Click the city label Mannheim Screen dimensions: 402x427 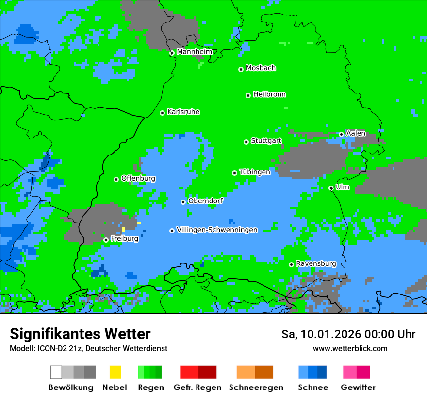(x=194, y=52)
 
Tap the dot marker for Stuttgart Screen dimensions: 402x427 (x=246, y=142)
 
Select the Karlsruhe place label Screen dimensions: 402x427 (x=183, y=112)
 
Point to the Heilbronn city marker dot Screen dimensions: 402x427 (x=248, y=95)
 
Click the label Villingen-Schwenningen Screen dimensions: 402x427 (x=217, y=230)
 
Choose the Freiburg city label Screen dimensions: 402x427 (x=124, y=239)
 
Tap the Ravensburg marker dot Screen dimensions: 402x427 (x=291, y=264)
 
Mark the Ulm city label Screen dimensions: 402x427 (x=343, y=187)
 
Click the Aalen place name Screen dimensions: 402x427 (x=356, y=133)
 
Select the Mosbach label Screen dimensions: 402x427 (x=261, y=68)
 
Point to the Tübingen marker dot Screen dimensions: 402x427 (x=234, y=173)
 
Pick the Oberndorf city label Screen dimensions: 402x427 (x=205, y=201)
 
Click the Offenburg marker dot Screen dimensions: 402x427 (x=116, y=179)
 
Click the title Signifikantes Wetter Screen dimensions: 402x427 (x=80, y=334)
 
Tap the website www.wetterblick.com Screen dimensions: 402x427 (x=350, y=348)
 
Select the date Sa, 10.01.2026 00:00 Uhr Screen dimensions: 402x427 (x=348, y=334)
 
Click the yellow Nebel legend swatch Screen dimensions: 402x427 (x=115, y=372)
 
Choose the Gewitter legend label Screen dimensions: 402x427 (x=358, y=387)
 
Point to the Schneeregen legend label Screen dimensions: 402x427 (x=256, y=387)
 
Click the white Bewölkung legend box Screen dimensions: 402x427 (x=56, y=372)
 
